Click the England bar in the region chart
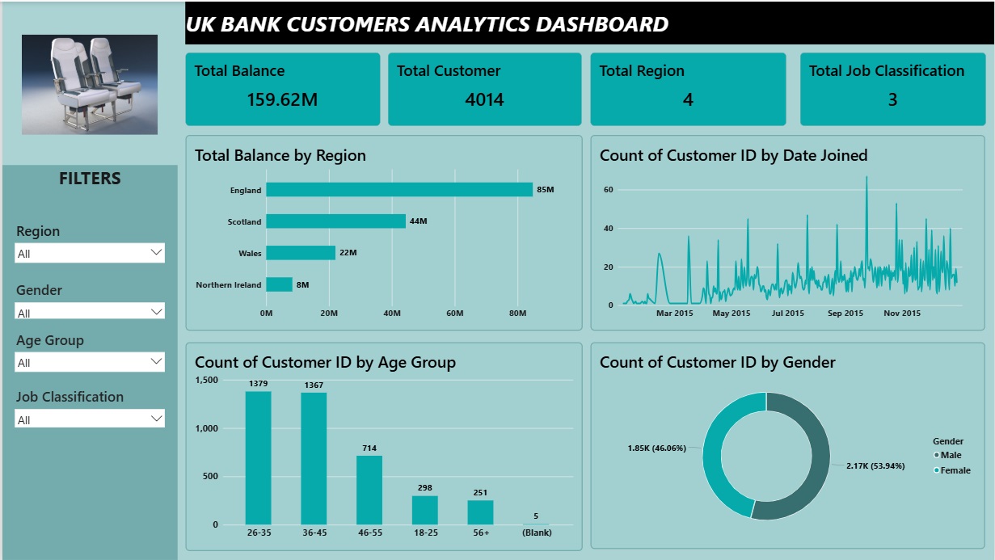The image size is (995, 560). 399,190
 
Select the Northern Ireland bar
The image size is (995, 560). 280,284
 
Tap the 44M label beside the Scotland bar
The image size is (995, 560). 418,221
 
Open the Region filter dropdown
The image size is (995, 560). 90,253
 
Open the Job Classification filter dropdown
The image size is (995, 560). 90,419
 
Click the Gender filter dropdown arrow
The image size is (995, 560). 156,312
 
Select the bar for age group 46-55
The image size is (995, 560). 369,491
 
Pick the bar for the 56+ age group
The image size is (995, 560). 480,512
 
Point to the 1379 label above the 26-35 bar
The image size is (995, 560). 258,384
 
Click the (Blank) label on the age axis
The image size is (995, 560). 537,533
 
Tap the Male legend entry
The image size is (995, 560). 947,455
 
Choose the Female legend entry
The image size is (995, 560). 952,470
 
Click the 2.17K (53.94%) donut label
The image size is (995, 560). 875,465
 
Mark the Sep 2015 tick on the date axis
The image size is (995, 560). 845,313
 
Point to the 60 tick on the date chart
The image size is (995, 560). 608,190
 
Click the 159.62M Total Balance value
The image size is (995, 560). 282,99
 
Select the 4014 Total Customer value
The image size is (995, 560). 484,99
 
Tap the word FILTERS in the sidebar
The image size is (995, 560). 90,179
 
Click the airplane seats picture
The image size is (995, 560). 90,84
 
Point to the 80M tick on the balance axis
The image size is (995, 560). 517,313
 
